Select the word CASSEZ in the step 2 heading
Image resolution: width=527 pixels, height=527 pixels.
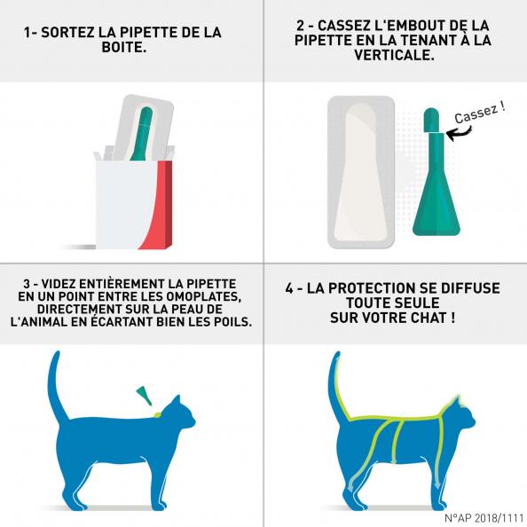pos(343,26)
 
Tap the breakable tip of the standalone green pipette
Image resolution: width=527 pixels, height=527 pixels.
pos(431,120)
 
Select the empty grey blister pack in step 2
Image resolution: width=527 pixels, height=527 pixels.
pos(361,172)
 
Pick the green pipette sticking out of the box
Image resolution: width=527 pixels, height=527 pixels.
pos(142,134)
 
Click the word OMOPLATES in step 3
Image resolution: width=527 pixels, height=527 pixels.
pos(204,296)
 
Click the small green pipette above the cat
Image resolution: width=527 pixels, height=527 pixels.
pos(144,396)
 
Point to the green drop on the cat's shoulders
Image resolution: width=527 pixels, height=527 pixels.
pos(156,414)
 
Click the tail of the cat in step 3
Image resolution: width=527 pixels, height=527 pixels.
pos(56,387)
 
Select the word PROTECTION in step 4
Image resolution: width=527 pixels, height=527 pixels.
pos(373,288)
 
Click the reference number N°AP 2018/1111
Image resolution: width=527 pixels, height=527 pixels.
pos(484,517)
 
